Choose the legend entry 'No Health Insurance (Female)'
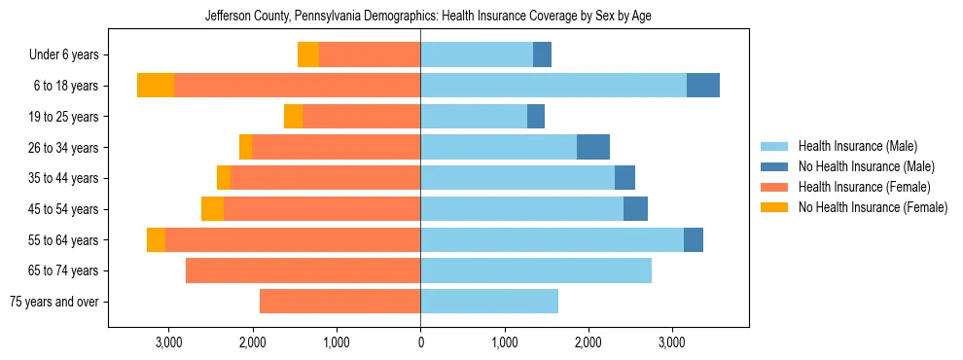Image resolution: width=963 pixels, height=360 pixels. pos(872,207)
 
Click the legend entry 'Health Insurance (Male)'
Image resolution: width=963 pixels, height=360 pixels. pos(857,146)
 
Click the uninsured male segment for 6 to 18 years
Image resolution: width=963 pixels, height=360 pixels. pos(703,86)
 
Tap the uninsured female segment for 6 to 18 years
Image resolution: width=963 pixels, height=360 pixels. pos(156,86)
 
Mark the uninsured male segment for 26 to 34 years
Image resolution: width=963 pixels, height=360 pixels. pos(593,147)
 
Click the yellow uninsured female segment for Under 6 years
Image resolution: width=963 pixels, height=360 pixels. pos(308,55)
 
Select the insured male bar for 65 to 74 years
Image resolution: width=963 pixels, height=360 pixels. pos(536,270)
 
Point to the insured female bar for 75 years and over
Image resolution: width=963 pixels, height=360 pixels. pos(340,302)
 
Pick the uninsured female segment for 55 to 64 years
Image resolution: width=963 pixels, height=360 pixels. pos(156,240)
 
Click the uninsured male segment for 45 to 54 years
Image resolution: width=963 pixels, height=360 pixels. pos(635,209)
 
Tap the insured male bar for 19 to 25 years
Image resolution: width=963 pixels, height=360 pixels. pos(474,117)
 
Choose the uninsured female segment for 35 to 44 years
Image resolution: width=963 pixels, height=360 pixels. pos(224,178)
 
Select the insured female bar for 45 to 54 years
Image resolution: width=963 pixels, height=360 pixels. pos(322,209)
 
